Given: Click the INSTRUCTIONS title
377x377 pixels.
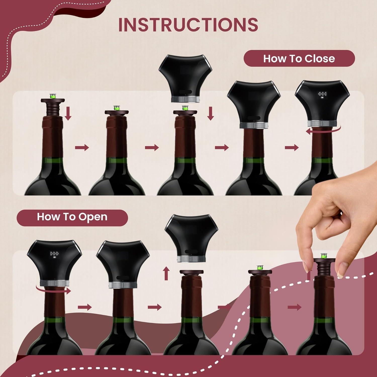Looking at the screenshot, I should tap(188, 25).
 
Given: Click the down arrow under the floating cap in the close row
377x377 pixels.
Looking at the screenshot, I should tap(211, 113).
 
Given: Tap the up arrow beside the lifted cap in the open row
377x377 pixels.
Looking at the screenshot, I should tap(166, 273).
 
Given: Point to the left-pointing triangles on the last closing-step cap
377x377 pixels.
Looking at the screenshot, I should tap(322, 94).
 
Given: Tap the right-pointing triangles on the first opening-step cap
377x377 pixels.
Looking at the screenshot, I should tap(55, 254).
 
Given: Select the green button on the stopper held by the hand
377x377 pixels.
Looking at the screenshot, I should tap(324, 256).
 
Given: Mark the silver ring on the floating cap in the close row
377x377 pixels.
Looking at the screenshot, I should tap(185, 99).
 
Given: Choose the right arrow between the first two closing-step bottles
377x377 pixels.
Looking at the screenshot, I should tap(82, 147).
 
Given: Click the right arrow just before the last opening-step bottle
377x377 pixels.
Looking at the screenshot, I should tap(294, 307).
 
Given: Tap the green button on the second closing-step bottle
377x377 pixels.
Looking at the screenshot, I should tap(116, 108).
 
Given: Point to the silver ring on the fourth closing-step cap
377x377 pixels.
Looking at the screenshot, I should tap(254, 125).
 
